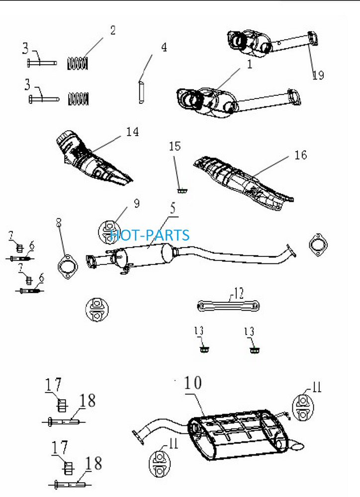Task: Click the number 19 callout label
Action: click(318, 75)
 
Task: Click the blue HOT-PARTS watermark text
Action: click(150, 235)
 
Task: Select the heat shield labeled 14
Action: click(93, 158)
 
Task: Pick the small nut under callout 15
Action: click(182, 191)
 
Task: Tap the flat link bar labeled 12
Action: click(228, 306)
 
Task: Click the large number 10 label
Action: click(193, 383)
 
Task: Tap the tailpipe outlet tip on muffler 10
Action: click(296, 447)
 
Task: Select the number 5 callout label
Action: click(173, 209)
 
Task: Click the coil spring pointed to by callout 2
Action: click(78, 63)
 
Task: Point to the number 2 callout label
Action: click(113, 30)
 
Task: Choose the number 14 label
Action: click(133, 132)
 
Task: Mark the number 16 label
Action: click(301, 155)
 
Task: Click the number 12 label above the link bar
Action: click(239, 293)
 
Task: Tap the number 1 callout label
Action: click(250, 64)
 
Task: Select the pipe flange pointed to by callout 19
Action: click(313, 39)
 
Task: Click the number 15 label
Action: click(175, 146)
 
